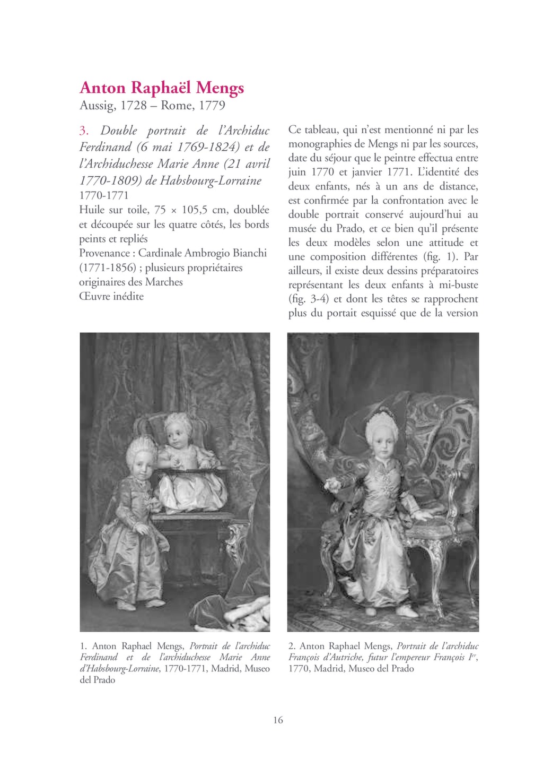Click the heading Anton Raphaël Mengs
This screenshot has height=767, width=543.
pyautogui.click(x=162, y=88)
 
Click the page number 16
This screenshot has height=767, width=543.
pyautogui.click(x=278, y=720)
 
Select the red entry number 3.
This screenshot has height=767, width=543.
pyautogui.click(x=84, y=131)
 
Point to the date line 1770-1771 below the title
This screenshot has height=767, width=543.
pyautogui.click(x=104, y=195)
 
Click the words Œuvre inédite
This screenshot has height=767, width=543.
pyautogui.click(x=111, y=296)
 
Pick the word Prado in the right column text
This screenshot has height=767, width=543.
pyautogui.click(x=348, y=229)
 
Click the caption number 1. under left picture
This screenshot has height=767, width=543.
pyautogui.click(x=83, y=646)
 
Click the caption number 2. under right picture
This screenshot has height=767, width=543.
pyautogui.click(x=292, y=646)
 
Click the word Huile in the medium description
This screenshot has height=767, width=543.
pyautogui.click(x=91, y=210)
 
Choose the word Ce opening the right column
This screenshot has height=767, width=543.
pyautogui.click(x=295, y=130)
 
